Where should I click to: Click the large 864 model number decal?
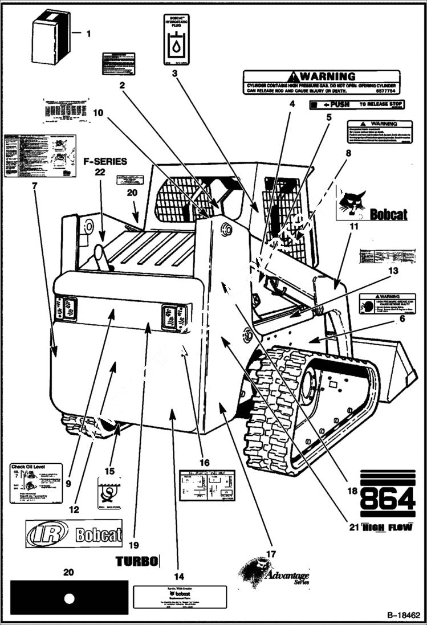[x=387, y=500]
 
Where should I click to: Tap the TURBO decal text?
[x=137, y=561]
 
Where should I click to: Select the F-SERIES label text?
[x=105, y=162]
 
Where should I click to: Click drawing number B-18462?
[x=403, y=615]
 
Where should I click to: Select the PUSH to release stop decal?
[x=357, y=105]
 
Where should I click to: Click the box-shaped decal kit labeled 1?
[x=50, y=39]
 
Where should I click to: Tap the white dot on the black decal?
[x=70, y=598]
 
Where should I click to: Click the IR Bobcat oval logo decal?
[x=74, y=533]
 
